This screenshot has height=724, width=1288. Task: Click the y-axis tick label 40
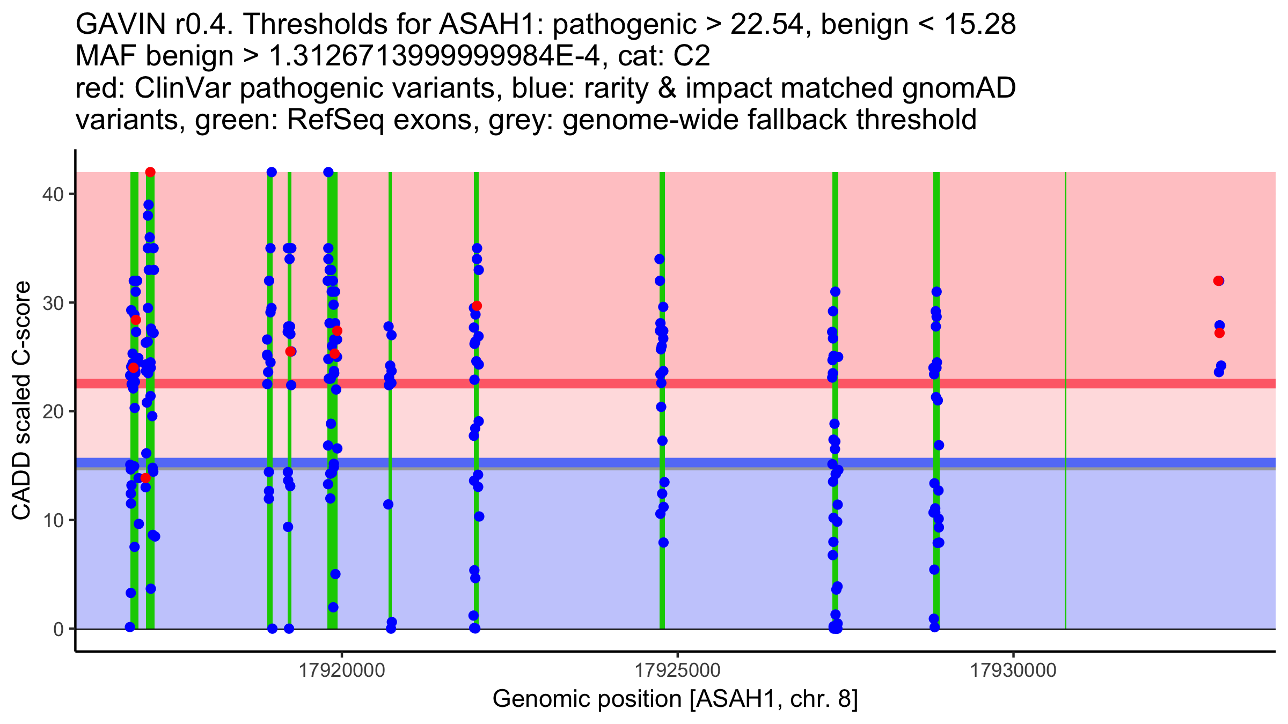click(52, 194)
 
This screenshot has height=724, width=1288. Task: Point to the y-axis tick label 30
click(52, 303)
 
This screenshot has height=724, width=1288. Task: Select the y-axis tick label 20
click(52, 411)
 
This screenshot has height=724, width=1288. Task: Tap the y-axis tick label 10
click(52, 520)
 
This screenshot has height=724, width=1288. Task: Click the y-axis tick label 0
click(58, 629)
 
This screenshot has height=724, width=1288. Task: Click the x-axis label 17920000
click(342, 671)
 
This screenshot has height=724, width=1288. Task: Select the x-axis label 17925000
click(678, 671)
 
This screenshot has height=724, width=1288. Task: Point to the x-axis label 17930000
click(1013, 671)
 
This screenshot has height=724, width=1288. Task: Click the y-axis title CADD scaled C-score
click(21, 401)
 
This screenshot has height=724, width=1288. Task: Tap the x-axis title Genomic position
click(675, 699)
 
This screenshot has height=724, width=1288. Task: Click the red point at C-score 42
click(150, 172)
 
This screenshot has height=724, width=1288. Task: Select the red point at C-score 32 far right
click(1218, 281)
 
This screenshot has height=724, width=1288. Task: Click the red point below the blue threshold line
click(145, 478)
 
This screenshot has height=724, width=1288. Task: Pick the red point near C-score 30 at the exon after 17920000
click(477, 306)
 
